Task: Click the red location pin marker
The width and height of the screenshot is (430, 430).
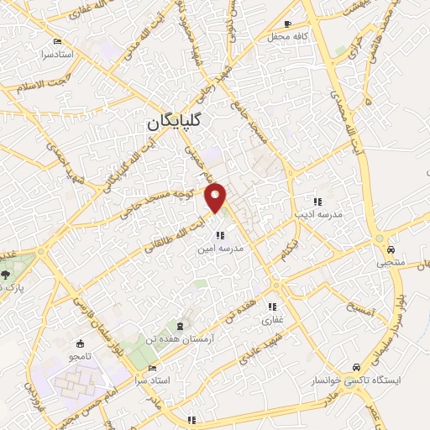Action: coord(217,197)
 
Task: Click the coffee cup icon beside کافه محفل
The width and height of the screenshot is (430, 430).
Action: coord(289,24)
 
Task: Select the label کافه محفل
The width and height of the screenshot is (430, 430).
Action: coord(284,37)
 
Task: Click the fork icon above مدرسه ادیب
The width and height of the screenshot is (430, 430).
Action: coord(317,202)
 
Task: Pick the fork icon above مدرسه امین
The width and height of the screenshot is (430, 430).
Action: coord(220,236)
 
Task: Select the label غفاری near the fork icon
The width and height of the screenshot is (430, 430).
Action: coord(274,320)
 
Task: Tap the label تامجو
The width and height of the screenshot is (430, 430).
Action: coord(81,358)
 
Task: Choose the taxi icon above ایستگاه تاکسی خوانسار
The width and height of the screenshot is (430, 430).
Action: coord(358,368)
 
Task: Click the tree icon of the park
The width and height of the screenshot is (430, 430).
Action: coord(7,274)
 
